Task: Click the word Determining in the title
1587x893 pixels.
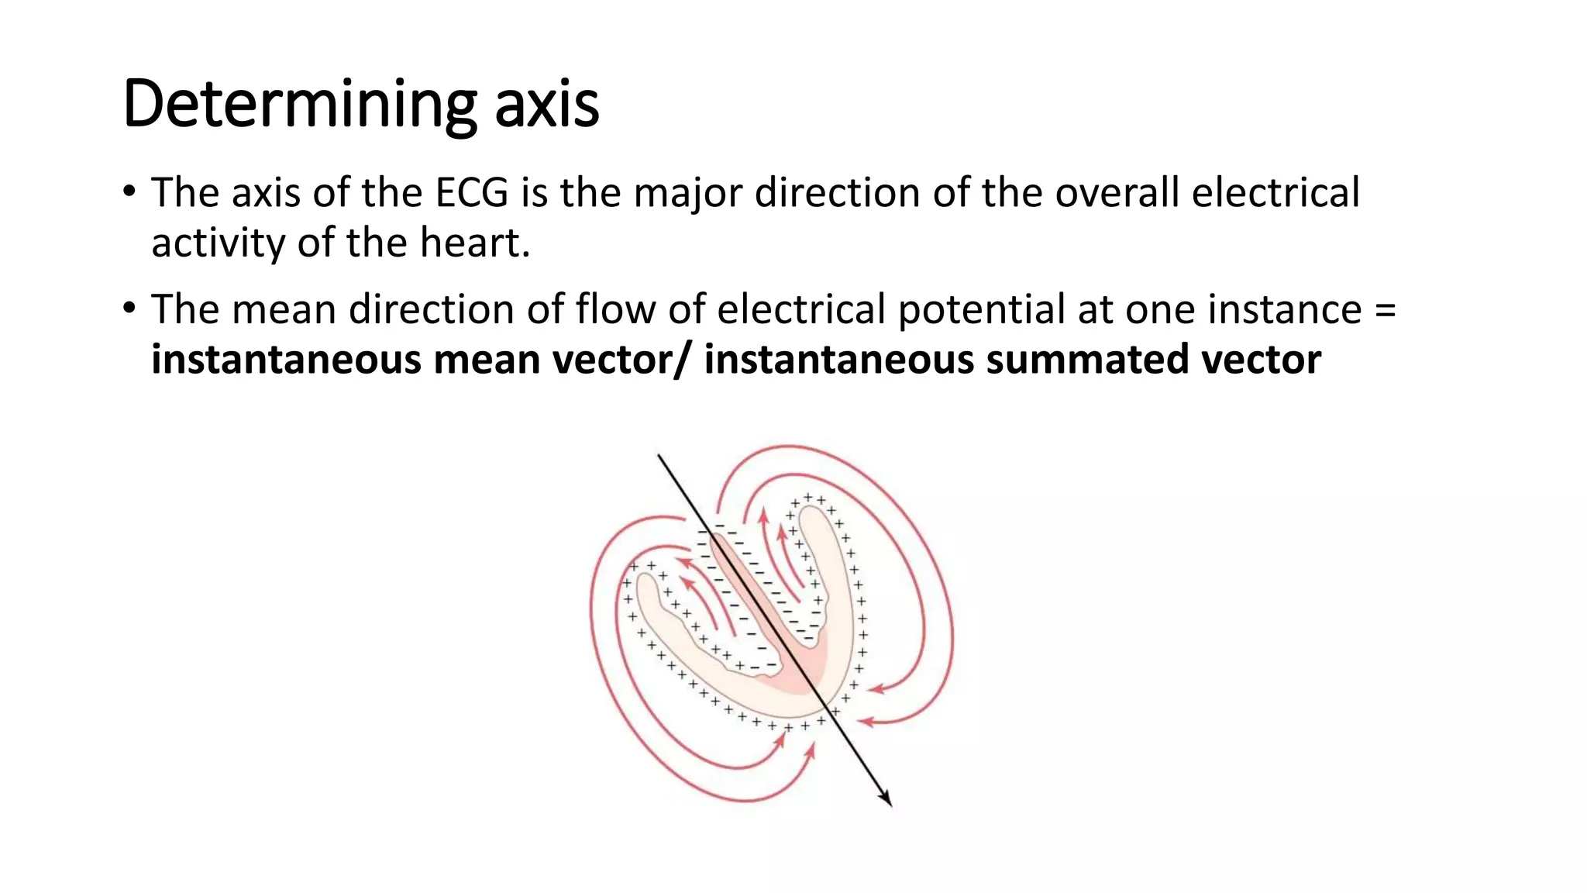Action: pyautogui.click(x=299, y=105)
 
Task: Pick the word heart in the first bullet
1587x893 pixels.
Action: pyautogui.click(x=474, y=243)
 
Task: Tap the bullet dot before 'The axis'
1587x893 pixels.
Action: pyautogui.click(x=129, y=191)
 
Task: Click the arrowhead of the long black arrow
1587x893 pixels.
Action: pyautogui.click(x=887, y=801)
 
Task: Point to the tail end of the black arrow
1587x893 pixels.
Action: pyautogui.click(x=659, y=456)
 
